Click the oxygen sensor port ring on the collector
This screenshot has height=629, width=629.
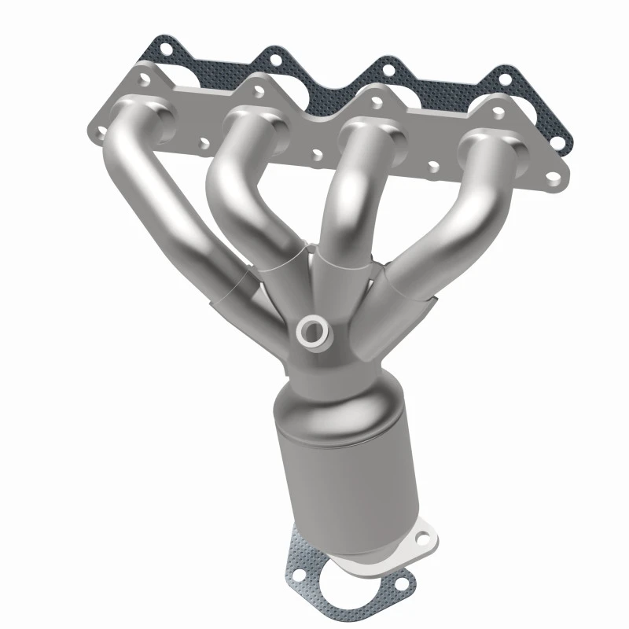click(x=312, y=331)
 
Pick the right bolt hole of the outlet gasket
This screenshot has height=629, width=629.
click(x=403, y=583)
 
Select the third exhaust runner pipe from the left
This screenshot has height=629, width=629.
click(x=346, y=197)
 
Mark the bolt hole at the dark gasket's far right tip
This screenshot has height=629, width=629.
click(x=558, y=143)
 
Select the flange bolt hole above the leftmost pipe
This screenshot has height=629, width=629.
click(x=144, y=79)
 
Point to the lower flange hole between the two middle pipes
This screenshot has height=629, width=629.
click(x=317, y=155)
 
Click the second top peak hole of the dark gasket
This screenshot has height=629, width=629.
click(x=274, y=57)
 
